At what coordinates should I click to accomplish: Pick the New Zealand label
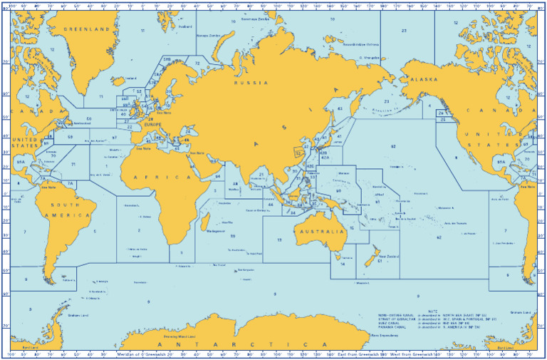click(x=388, y=255)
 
